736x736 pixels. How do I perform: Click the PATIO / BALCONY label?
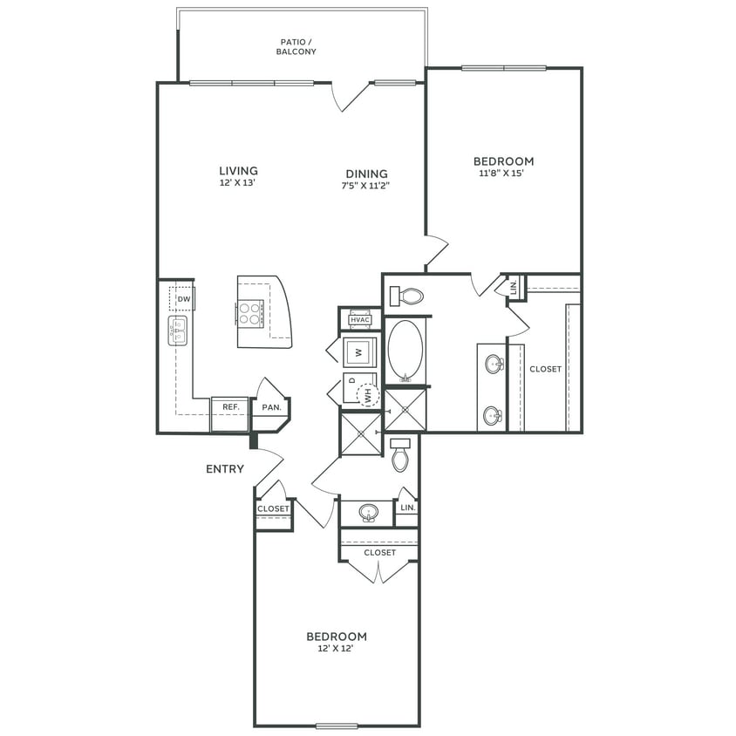[x=298, y=47]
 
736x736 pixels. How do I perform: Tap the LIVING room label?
[x=238, y=171]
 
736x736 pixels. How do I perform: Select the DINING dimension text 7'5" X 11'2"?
[x=365, y=186]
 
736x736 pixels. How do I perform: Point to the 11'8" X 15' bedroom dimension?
[x=503, y=174]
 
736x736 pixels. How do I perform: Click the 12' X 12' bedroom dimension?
[x=336, y=649]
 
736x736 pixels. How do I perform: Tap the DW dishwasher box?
[x=183, y=299]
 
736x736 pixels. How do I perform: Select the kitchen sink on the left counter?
[x=179, y=331]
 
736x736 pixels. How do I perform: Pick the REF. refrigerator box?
[x=230, y=407]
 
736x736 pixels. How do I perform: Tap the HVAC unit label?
[x=360, y=320]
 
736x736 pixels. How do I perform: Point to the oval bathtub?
[x=405, y=351]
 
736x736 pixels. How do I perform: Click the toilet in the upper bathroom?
[x=410, y=296]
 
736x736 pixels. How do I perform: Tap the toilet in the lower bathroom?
[x=399, y=456]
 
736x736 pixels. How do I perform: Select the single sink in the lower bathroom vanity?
[x=368, y=513]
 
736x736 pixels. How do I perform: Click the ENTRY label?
[x=225, y=469]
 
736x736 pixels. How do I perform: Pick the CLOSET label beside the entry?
[x=273, y=509]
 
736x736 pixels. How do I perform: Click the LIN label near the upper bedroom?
[x=514, y=286]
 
